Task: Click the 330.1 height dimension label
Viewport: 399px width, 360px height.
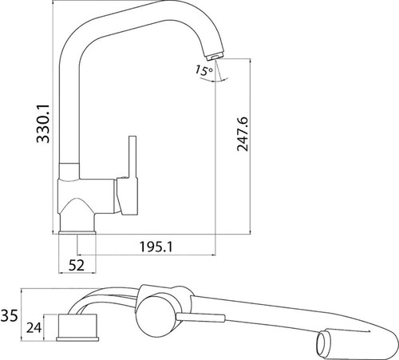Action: tap(43, 124)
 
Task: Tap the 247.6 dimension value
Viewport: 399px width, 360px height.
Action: tap(243, 134)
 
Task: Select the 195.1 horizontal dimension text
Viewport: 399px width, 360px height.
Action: tap(156, 247)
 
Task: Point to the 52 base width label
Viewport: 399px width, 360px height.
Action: tap(77, 265)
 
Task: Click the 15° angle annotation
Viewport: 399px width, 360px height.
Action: tap(204, 70)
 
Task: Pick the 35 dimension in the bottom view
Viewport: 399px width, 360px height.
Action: tap(9, 316)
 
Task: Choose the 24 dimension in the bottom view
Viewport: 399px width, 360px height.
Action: tap(34, 327)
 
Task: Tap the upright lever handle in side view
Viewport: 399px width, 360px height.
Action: tap(132, 157)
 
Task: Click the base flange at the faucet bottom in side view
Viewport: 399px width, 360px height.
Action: tap(77, 232)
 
